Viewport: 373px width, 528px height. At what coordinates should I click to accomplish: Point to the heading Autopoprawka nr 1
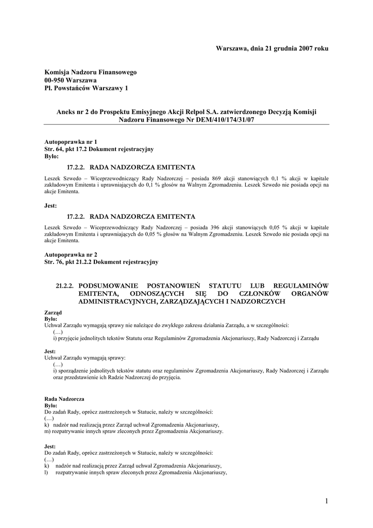pyautogui.click(x=71, y=142)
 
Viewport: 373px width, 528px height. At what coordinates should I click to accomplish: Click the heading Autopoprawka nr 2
pyautogui.click(x=71, y=255)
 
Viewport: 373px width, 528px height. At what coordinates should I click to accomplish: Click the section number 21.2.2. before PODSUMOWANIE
pyautogui.click(x=65, y=286)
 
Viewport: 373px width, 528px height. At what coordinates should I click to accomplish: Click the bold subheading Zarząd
pyautogui.click(x=53, y=312)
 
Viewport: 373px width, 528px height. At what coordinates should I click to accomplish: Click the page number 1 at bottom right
pyautogui.click(x=327, y=501)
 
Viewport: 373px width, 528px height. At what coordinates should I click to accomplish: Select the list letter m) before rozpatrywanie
pyautogui.click(x=48, y=431)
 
